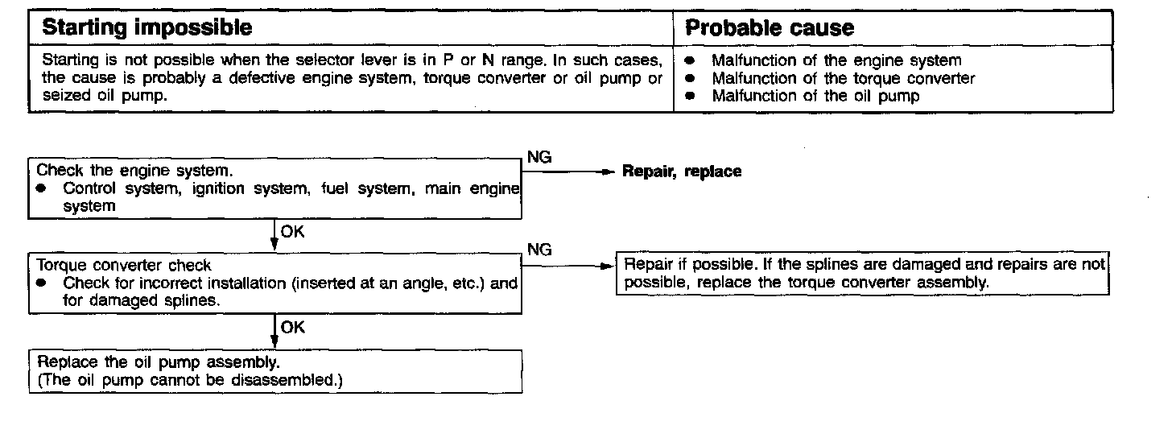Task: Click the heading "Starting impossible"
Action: pyautogui.click(x=146, y=28)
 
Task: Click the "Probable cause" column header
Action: pyautogui.click(x=769, y=28)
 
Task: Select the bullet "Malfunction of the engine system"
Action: pyautogui.click(x=836, y=60)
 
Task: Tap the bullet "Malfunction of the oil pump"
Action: pyautogui.click(x=815, y=96)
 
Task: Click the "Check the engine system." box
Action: pyautogui.click(x=274, y=188)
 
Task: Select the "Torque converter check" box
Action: pyautogui.click(x=274, y=283)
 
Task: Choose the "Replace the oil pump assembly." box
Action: pyautogui.click(x=274, y=371)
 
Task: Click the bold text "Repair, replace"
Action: pyautogui.click(x=682, y=171)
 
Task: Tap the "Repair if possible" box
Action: pyautogui.click(x=862, y=274)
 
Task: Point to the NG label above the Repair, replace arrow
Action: pyautogui.click(x=539, y=157)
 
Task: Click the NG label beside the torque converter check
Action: pyautogui.click(x=539, y=250)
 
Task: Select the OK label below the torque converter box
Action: pyautogui.click(x=292, y=327)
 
